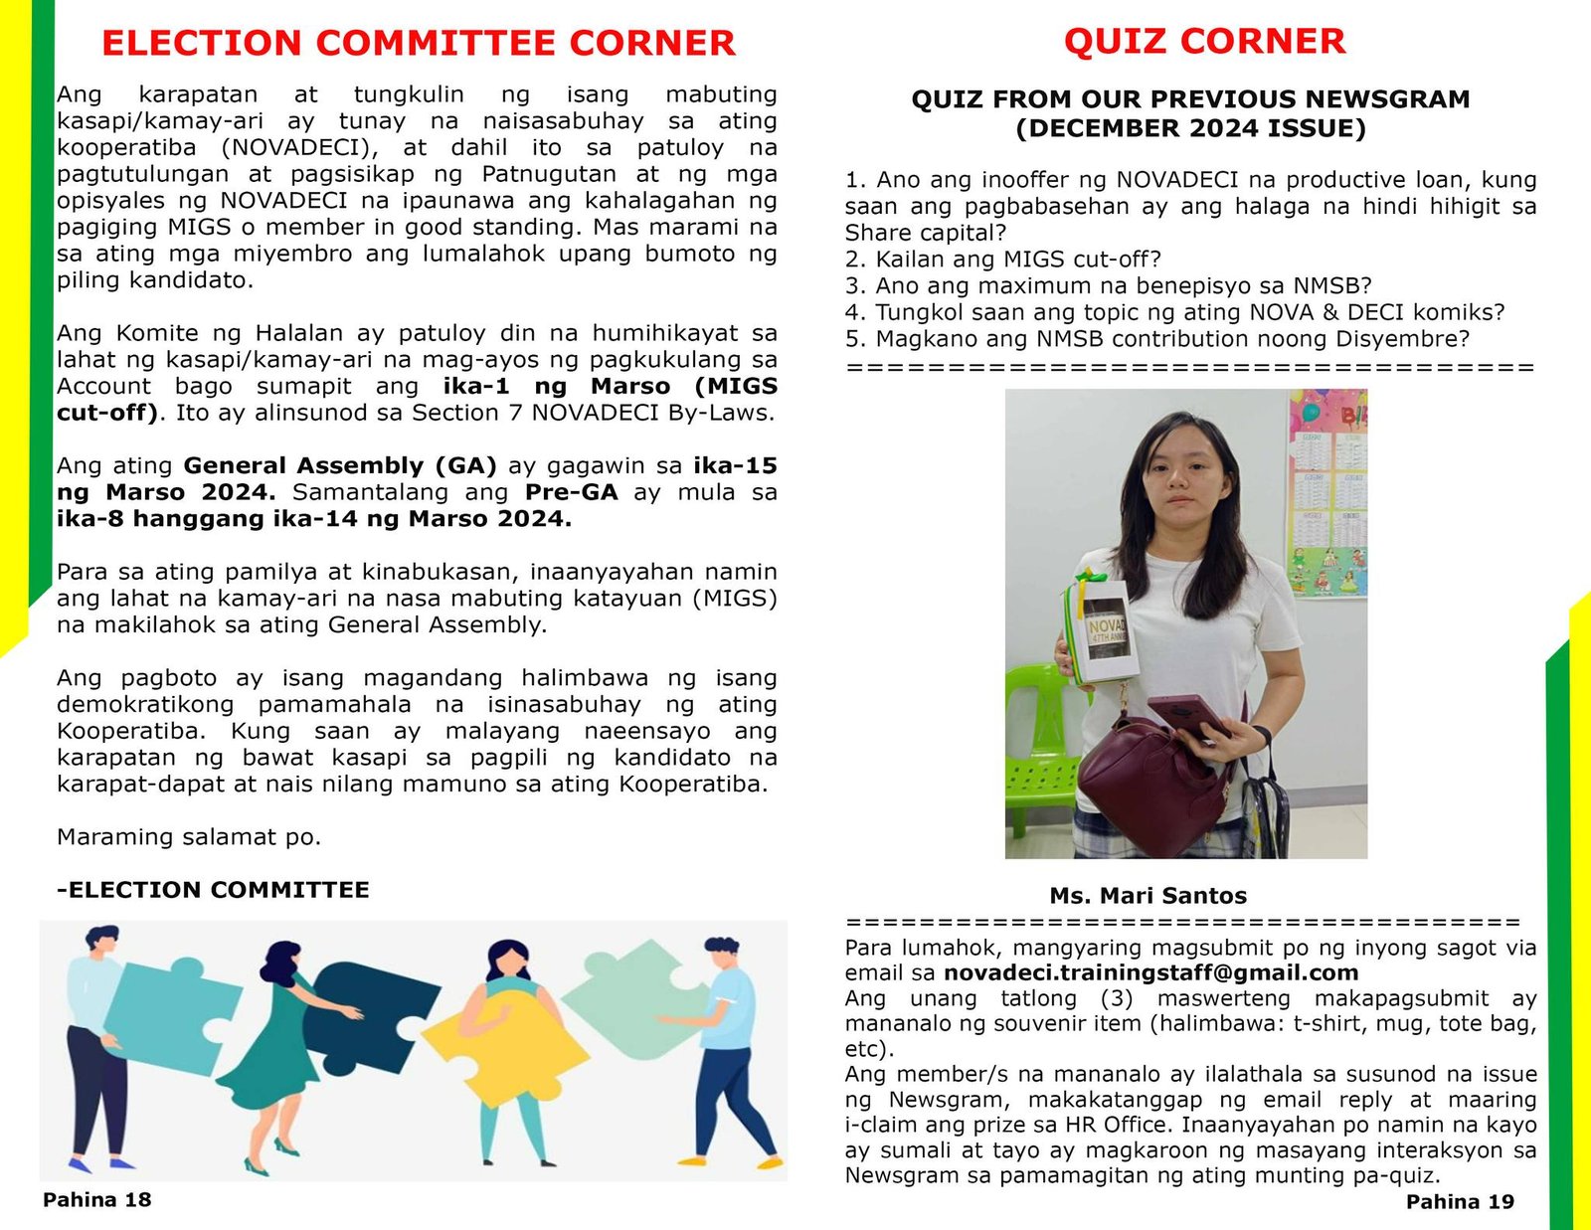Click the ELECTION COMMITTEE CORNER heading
(418, 44)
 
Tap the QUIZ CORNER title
(1204, 41)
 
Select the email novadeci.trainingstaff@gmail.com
(1150, 972)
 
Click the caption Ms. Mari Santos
(1148, 896)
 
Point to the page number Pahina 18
(96, 1199)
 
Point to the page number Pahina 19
(1460, 1201)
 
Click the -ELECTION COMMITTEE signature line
(213, 890)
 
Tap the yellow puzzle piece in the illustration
(527, 1034)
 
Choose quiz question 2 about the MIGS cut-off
(1003, 260)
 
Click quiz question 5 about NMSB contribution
(1156, 339)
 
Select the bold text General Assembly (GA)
(340, 465)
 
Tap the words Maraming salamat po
(189, 837)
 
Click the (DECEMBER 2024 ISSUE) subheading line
(1190, 128)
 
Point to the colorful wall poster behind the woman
(1327, 497)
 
